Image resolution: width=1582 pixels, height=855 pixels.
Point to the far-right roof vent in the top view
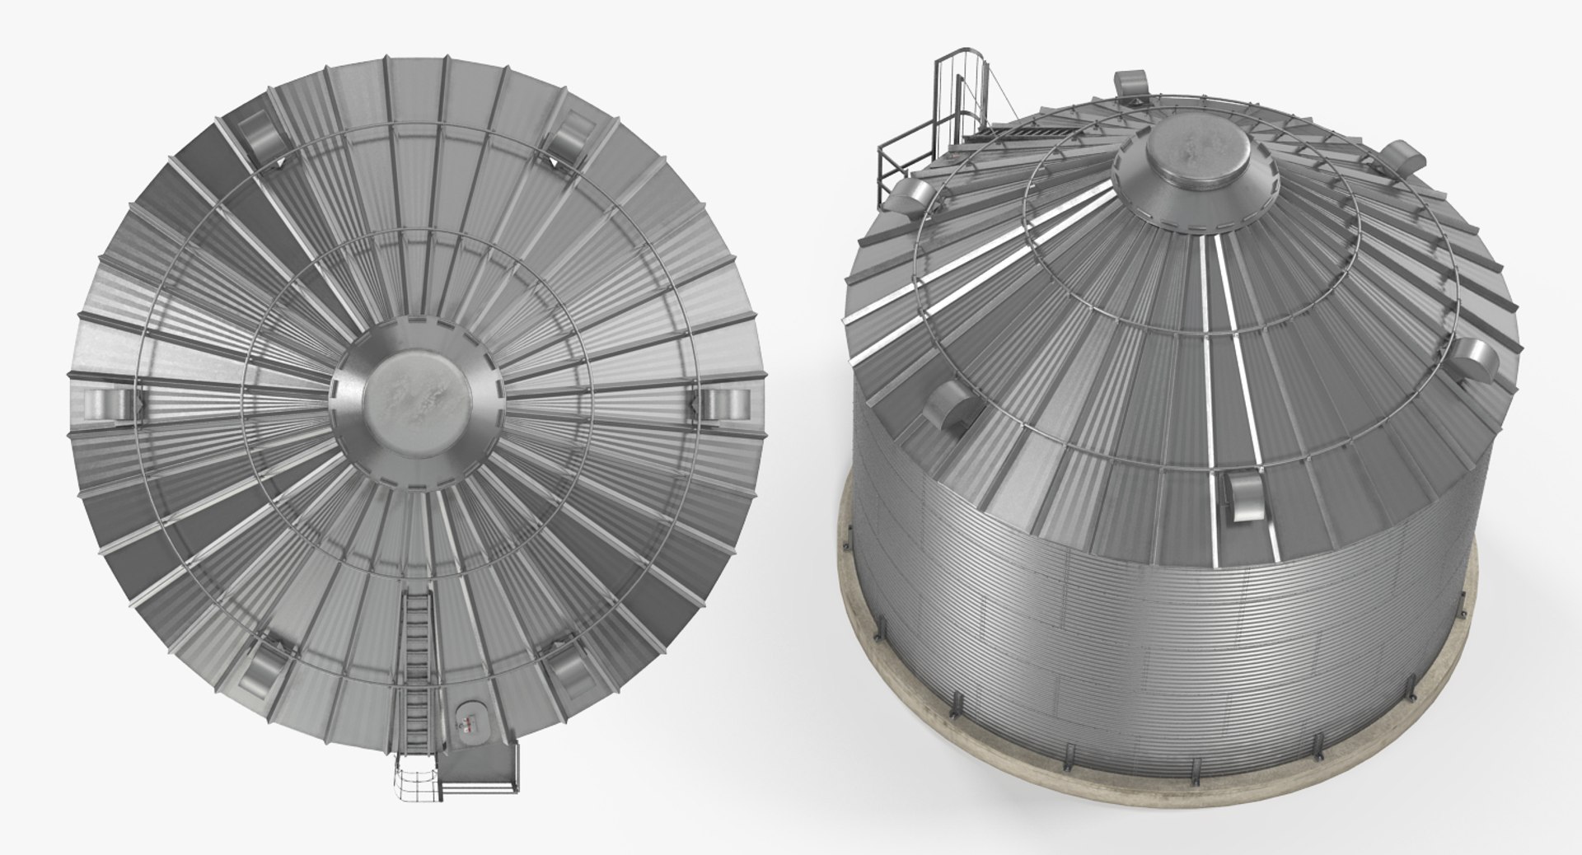(x=726, y=403)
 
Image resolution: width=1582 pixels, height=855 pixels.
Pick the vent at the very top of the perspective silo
(x=1132, y=83)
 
